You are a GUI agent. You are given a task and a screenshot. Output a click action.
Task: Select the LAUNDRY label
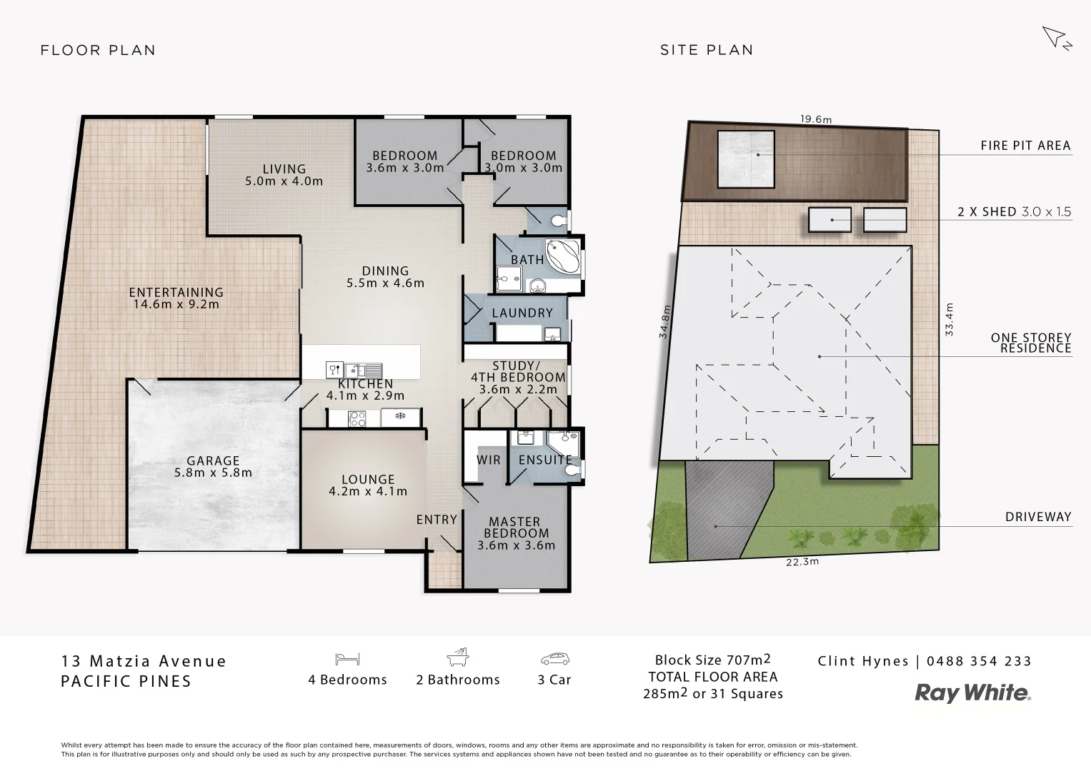click(x=522, y=313)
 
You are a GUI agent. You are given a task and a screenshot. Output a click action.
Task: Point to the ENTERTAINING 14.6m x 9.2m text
click(x=176, y=298)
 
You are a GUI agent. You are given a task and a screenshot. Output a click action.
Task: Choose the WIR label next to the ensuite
click(x=489, y=460)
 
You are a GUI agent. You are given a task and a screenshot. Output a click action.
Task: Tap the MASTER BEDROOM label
click(x=516, y=528)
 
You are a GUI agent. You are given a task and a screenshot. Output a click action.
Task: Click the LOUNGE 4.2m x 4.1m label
click(x=367, y=485)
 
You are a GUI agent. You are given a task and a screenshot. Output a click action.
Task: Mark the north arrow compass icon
click(x=1056, y=38)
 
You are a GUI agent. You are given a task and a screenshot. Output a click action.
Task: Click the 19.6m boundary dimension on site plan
click(x=815, y=119)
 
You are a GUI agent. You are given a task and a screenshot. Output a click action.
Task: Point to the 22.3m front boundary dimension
click(x=802, y=561)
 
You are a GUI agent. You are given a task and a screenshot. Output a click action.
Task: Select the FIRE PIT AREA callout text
click(x=1025, y=146)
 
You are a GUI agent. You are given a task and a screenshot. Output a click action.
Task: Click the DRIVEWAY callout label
click(x=1037, y=517)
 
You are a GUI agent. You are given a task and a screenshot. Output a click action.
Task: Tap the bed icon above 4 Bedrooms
click(x=347, y=658)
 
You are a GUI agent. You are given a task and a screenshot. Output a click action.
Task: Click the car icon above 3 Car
click(x=554, y=658)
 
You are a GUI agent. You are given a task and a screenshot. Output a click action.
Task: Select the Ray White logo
click(x=973, y=692)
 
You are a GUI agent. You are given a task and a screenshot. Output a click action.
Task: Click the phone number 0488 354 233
click(x=979, y=661)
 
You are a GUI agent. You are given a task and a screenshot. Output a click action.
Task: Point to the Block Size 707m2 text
click(x=712, y=660)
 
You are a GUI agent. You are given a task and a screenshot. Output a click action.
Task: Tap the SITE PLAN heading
click(x=706, y=50)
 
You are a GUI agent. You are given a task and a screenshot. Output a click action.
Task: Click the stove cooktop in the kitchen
click(x=357, y=419)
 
